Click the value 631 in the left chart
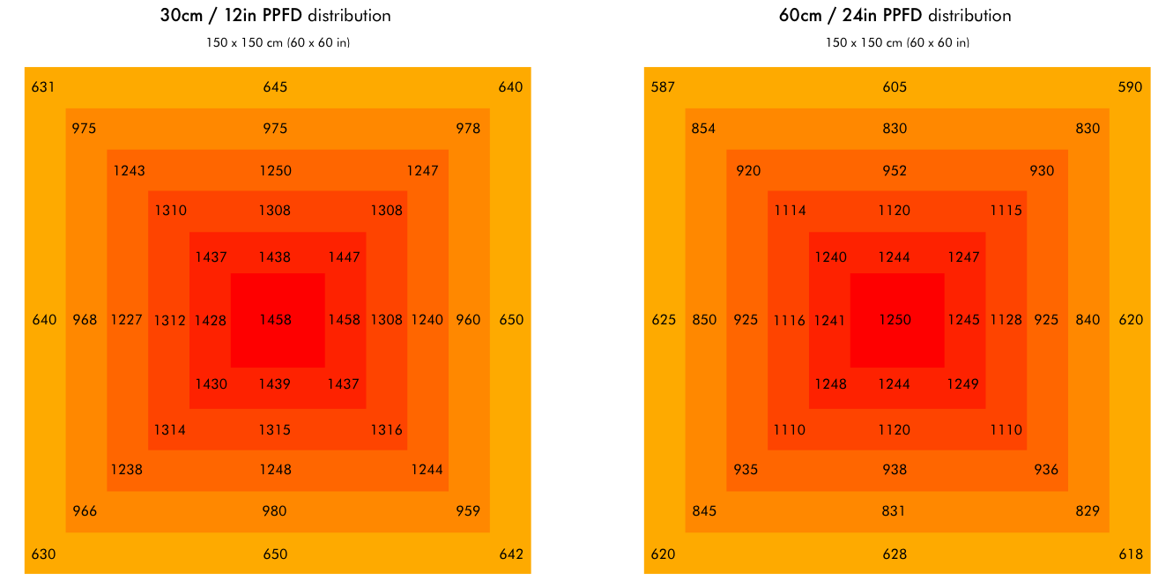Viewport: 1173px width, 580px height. pyautogui.click(x=42, y=87)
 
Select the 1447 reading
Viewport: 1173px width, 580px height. pyautogui.click(x=344, y=257)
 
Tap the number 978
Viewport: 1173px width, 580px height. pyautogui.click(x=468, y=129)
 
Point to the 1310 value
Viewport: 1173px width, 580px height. pyautogui.click(x=170, y=211)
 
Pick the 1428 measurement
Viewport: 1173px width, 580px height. pyautogui.click(x=211, y=320)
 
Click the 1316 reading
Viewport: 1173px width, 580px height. pyautogui.click(x=386, y=430)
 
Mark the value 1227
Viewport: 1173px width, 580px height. pyautogui.click(x=126, y=320)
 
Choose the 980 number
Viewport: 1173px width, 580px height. pyautogui.click(x=275, y=511)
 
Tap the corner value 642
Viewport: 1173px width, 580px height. pyautogui.click(x=510, y=554)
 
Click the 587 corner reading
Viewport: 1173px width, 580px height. pyautogui.click(x=663, y=87)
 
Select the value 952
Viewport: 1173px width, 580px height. pyautogui.click(x=895, y=171)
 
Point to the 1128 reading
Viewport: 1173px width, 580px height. pyautogui.click(x=1006, y=320)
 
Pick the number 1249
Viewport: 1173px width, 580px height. pyautogui.click(x=963, y=384)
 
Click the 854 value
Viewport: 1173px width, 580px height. pyautogui.click(x=703, y=129)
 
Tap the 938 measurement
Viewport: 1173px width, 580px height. pyautogui.click(x=895, y=470)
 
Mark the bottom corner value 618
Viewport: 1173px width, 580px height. pyautogui.click(x=1130, y=554)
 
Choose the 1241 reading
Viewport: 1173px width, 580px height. pyautogui.click(x=830, y=320)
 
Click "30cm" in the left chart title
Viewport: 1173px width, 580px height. pyautogui.click(x=185, y=16)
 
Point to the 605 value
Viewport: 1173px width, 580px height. pyautogui.click(x=895, y=87)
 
